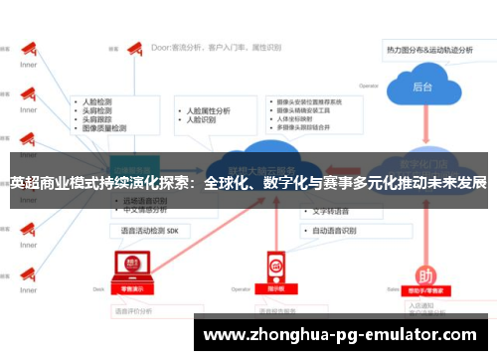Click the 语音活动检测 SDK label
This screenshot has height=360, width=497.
149,231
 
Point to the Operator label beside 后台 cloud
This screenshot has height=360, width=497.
369,86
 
